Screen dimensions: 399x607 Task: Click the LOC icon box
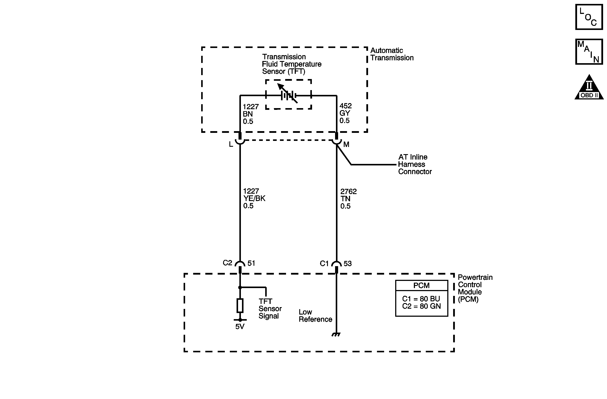(x=589, y=17)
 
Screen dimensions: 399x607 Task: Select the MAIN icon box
(x=589, y=51)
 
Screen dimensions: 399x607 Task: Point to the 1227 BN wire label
(x=250, y=114)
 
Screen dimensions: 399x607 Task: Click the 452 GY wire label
(x=345, y=113)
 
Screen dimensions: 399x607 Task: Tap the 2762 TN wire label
(x=348, y=198)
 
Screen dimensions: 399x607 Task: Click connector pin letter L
(x=231, y=144)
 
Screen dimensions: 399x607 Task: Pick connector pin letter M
(x=346, y=144)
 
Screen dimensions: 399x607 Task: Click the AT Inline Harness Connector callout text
(x=415, y=164)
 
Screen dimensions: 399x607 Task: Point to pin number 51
(x=251, y=263)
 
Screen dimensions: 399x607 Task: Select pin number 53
(x=348, y=263)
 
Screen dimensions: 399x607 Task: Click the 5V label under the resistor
(x=240, y=326)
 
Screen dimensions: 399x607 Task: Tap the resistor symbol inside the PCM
(x=240, y=305)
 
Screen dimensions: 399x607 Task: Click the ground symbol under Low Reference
(x=336, y=335)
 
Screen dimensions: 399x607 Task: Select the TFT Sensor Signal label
(x=270, y=308)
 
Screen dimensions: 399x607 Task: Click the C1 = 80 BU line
(x=421, y=298)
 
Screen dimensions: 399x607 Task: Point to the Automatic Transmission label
(x=392, y=54)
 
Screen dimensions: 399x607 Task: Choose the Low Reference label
(x=315, y=316)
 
